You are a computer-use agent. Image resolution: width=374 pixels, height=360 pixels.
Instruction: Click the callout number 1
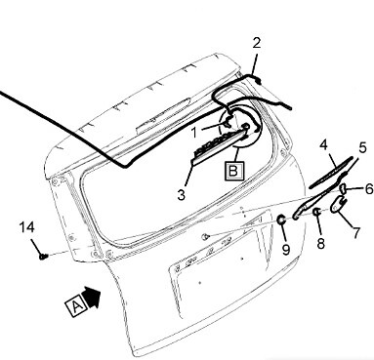194,133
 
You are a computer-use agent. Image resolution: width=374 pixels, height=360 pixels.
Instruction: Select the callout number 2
257,43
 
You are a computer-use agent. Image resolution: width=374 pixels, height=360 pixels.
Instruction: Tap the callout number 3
182,195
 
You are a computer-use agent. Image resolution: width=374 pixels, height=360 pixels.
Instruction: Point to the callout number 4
323,145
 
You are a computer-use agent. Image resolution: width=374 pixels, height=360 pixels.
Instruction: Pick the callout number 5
362,148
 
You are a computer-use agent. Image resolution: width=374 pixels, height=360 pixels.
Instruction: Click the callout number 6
369,189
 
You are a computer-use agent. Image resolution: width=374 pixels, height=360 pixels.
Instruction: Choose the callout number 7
356,233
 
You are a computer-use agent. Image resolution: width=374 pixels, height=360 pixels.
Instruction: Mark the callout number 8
321,243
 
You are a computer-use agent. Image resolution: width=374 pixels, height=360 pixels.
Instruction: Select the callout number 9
286,250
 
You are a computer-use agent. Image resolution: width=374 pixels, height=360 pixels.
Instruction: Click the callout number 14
26,227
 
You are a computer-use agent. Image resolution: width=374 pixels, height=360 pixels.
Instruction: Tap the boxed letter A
76,306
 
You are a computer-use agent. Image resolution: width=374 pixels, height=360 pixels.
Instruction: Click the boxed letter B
234,170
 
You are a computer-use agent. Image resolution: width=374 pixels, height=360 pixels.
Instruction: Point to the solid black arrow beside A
93,297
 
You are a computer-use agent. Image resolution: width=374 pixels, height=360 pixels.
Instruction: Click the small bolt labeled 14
43,257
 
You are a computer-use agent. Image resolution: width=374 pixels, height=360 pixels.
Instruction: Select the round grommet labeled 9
281,220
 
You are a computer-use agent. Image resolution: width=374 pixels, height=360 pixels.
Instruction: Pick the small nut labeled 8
316,212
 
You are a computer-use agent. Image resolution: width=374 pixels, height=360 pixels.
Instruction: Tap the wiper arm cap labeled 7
339,204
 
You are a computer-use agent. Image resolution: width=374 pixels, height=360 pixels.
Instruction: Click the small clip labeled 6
343,188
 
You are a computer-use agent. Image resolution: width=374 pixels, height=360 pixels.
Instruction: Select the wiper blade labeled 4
331,173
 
